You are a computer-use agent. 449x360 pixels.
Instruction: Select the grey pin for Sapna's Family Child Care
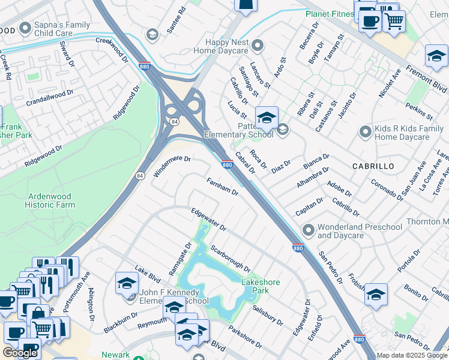pyautogui.click(x=25, y=28)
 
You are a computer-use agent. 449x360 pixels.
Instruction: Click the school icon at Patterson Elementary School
pyautogui.click(x=266, y=118)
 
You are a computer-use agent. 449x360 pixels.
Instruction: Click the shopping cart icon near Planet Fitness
pyautogui.click(x=393, y=20)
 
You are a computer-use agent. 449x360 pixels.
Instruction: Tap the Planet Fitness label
pyautogui.click(x=330, y=13)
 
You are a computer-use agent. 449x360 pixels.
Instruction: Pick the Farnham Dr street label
pyautogui.click(x=223, y=187)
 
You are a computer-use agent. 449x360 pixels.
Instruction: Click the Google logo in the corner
pyautogui.click(x=20, y=353)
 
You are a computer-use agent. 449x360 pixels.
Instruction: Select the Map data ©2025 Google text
pyautogui.click(x=412, y=355)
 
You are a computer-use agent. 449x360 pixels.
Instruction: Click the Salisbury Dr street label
pyautogui.click(x=268, y=315)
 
